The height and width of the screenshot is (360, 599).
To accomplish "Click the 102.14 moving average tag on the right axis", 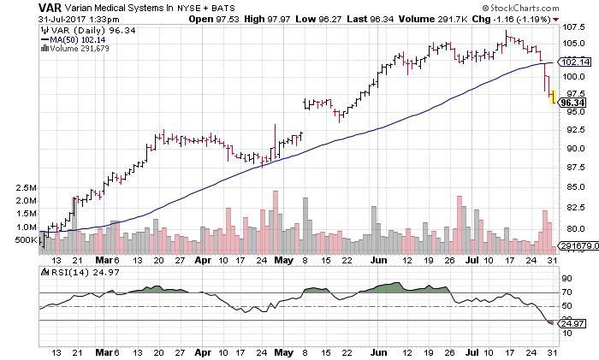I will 572,62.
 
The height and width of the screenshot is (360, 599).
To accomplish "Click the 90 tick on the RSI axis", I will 566,278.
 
